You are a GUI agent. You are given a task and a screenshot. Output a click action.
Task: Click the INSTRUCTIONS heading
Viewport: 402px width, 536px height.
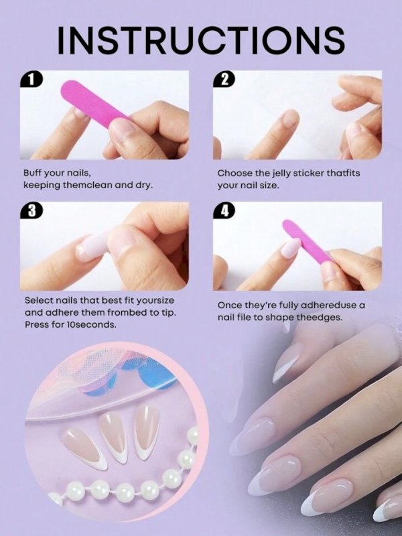point(201,40)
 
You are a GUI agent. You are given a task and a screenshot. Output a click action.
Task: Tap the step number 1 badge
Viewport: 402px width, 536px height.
point(31,80)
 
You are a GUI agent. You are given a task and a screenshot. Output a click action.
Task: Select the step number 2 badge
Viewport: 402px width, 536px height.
point(224,80)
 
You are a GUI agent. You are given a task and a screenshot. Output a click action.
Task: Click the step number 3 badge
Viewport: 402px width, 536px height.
point(31,210)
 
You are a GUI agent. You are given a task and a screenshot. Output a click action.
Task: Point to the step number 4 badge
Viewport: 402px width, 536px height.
point(224,210)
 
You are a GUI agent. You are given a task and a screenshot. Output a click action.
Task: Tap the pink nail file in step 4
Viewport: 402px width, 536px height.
point(306,241)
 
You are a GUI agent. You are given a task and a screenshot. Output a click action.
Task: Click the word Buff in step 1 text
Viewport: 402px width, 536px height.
point(32,173)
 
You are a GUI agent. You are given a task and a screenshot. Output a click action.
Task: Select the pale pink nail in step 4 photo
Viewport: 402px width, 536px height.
point(290,248)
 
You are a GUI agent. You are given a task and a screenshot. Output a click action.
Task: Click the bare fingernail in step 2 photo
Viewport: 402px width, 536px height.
point(290,119)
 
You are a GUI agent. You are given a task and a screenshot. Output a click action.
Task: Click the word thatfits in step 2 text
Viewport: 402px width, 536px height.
point(343,174)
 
